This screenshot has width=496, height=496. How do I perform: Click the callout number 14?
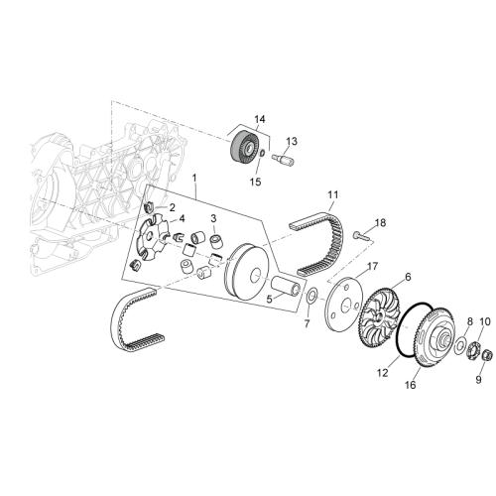click(260, 119)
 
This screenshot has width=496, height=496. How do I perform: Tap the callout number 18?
click(380, 223)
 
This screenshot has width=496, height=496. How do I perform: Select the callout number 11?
click(333, 194)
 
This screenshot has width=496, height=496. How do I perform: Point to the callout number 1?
click(194, 178)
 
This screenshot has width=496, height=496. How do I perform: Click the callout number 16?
click(410, 385)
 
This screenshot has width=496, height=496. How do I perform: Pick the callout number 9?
click(479, 380)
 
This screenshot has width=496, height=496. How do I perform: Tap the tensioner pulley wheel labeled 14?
click(244, 147)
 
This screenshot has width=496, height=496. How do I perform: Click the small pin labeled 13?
click(283, 160)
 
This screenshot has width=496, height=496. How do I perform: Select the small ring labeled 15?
click(262, 154)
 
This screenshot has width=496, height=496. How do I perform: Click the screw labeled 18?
click(361, 236)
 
